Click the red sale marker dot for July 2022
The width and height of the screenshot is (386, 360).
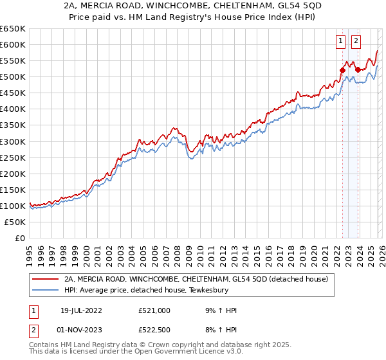point(342,70)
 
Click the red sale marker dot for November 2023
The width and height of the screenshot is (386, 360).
point(357,69)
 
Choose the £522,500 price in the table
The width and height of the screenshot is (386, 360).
point(154,328)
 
